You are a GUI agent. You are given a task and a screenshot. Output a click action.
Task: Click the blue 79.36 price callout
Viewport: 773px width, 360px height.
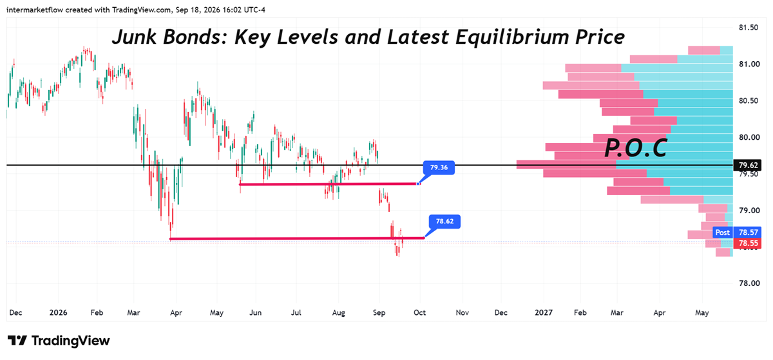[x=439, y=167]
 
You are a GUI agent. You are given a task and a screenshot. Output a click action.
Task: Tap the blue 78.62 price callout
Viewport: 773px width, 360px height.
[x=444, y=222]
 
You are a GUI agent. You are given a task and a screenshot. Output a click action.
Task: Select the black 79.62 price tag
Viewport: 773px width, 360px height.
[x=748, y=166]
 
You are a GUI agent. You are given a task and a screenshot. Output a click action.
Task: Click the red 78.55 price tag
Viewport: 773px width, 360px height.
[x=747, y=243]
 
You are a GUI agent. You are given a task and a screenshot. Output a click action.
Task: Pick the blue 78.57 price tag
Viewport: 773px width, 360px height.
[x=747, y=232]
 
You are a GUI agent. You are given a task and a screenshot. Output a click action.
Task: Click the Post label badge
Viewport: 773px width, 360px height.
[x=723, y=232]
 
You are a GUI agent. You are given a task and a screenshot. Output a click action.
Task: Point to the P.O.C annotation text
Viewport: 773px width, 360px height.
[x=635, y=147]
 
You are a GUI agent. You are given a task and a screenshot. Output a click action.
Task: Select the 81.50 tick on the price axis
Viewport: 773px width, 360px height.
[x=748, y=28]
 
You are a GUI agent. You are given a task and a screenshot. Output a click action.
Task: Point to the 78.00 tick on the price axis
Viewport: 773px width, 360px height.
[x=749, y=283]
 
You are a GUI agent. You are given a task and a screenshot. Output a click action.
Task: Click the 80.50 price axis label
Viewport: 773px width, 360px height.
[x=748, y=100]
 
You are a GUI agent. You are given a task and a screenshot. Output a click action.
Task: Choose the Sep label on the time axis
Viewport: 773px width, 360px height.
[x=379, y=313]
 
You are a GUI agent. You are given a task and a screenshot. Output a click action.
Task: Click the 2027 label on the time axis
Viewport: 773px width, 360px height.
[x=543, y=313]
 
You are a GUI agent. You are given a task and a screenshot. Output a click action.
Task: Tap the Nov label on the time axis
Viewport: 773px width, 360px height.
[x=462, y=313]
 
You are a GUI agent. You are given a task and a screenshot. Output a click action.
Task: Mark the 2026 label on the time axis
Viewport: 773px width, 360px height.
[x=58, y=313]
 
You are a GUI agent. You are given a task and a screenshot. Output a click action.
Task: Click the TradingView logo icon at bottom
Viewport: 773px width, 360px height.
[x=17, y=341]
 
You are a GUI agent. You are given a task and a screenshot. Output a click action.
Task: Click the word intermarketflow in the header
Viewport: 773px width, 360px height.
[x=35, y=10]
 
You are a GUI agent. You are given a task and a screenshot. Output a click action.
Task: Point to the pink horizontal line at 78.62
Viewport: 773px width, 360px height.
[x=297, y=238]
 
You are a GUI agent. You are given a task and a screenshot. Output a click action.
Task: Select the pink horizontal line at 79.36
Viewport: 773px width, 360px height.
[x=330, y=184]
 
